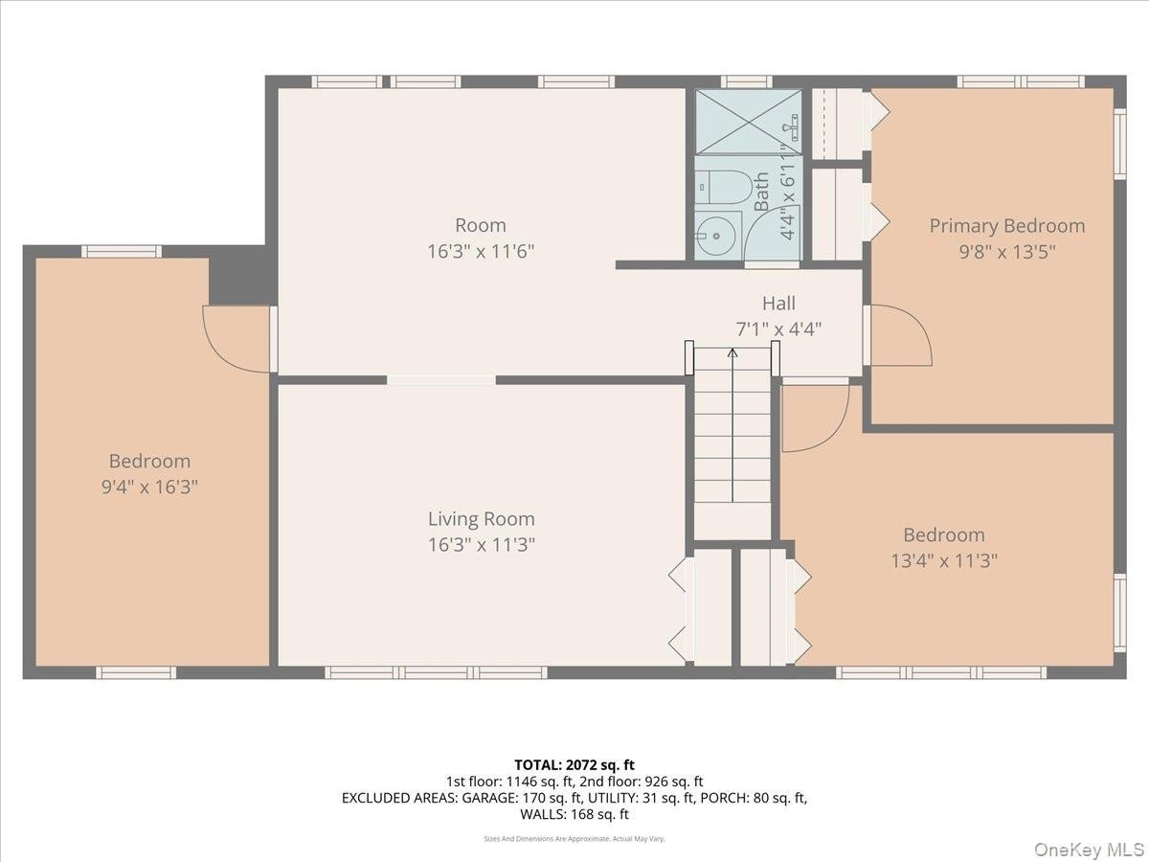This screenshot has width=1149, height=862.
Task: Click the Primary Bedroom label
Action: (1006, 226)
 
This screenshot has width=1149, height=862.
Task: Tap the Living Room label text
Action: (482, 519)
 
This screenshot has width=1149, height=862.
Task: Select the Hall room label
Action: (778, 303)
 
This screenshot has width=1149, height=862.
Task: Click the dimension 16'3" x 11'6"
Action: (481, 252)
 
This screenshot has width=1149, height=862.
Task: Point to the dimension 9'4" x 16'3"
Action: (149, 488)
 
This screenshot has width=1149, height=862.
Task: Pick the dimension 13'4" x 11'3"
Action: (944, 561)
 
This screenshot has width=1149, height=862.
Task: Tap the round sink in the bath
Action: (716, 236)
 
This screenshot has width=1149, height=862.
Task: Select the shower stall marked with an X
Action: (749, 123)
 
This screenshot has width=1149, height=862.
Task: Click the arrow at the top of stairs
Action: (732, 352)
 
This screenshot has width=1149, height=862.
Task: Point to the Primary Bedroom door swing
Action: (899, 335)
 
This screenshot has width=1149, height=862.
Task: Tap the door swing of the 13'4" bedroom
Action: (816, 419)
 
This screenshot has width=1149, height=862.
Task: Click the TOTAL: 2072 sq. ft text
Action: (574, 765)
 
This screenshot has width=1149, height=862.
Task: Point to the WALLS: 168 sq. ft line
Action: (574, 814)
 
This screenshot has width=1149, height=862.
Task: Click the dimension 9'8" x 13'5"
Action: (1007, 252)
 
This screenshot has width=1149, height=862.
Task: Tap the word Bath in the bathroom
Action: (762, 192)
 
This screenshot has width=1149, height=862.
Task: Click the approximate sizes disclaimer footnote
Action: (574, 839)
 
